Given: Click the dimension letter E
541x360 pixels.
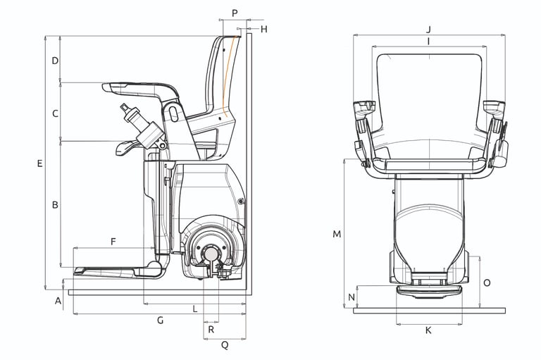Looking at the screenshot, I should click(x=40, y=163).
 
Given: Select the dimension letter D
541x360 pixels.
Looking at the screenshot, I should click(x=54, y=61).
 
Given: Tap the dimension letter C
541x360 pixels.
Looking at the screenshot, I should click(x=54, y=113).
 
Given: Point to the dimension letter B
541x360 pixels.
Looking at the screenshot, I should click(x=54, y=205).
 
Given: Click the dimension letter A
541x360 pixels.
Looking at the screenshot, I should click(x=58, y=302).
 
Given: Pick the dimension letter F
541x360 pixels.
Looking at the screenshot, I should click(x=113, y=242).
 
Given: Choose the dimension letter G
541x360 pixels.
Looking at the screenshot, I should click(x=160, y=321).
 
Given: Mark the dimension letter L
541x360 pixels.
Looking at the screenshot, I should click(x=195, y=309).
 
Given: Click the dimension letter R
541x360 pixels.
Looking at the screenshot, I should click(x=211, y=329).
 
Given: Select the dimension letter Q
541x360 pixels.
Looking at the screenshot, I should click(x=225, y=345).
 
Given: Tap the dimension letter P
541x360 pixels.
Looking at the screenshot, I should click(x=235, y=13).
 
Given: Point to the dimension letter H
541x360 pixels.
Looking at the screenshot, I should click(x=264, y=29).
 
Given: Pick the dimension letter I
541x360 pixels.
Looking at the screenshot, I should click(x=428, y=42).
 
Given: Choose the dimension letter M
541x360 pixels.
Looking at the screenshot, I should click(x=337, y=233).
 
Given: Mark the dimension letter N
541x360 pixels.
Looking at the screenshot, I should click(x=352, y=297).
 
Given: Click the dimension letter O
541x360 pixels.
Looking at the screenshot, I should click(x=487, y=282).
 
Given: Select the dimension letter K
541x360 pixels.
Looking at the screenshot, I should click(x=429, y=330).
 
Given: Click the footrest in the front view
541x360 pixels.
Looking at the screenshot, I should click(x=428, y=290).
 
